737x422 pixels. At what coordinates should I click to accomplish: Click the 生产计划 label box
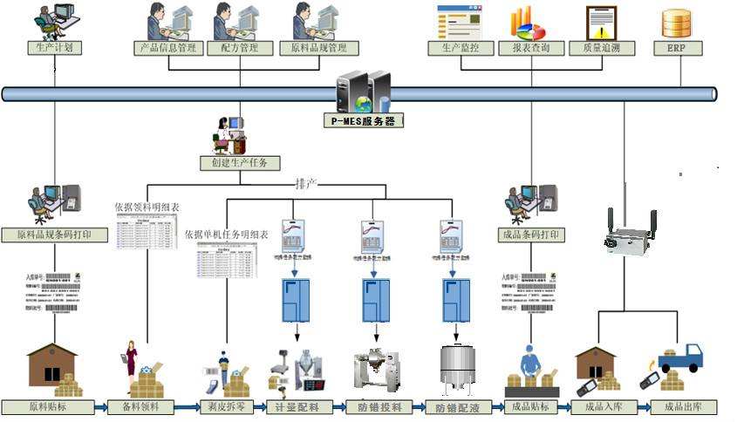[55, 48]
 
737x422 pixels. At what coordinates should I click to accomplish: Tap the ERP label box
[678, 48]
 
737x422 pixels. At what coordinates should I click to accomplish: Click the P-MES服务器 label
[365, 121]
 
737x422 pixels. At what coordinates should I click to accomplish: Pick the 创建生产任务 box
[239, 163]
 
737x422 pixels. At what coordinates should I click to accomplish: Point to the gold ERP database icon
[677, 22]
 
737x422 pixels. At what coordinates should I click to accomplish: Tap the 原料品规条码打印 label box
[55, 235]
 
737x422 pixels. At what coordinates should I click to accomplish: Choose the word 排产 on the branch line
[306, 185]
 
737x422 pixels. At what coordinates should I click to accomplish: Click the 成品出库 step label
[684, 407]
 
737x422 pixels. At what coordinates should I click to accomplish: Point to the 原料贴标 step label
[47, 407]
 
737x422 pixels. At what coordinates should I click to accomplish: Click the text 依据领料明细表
[147, 208]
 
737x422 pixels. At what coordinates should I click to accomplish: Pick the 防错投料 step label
[379, 407]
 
